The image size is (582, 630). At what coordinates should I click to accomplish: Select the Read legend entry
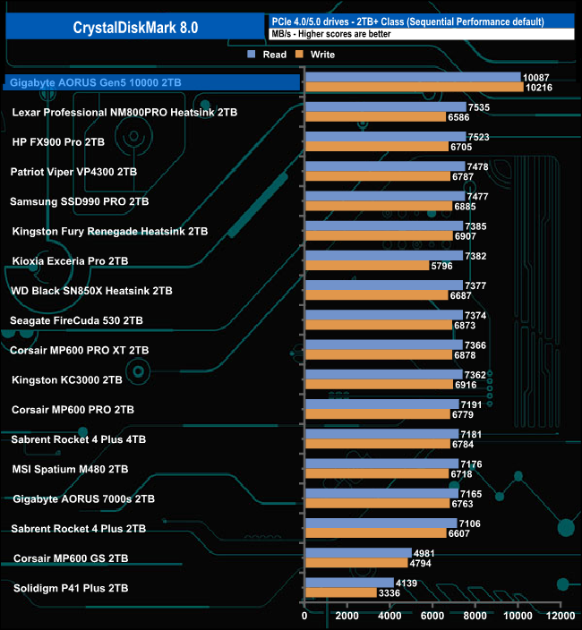(270, 55)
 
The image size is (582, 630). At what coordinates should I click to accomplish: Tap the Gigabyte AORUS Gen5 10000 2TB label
(95, 82)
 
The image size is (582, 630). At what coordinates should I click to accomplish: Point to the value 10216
(541, 88)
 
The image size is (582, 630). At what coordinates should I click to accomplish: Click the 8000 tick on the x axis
(475, 616)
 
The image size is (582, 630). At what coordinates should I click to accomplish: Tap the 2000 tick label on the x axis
(347, 616)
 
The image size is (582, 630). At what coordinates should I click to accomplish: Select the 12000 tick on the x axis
(560, 616)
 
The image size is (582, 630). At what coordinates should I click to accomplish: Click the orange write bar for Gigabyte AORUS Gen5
(414, 88)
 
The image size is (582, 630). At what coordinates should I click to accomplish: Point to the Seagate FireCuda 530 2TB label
(76, 320)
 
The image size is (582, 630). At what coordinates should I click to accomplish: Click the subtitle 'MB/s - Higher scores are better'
(341, 34)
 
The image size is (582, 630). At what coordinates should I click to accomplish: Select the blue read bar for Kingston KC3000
(383, 374)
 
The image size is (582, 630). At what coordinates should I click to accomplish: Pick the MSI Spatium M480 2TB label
(70, 469)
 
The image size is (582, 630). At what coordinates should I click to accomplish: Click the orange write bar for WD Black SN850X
(376, 295)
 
